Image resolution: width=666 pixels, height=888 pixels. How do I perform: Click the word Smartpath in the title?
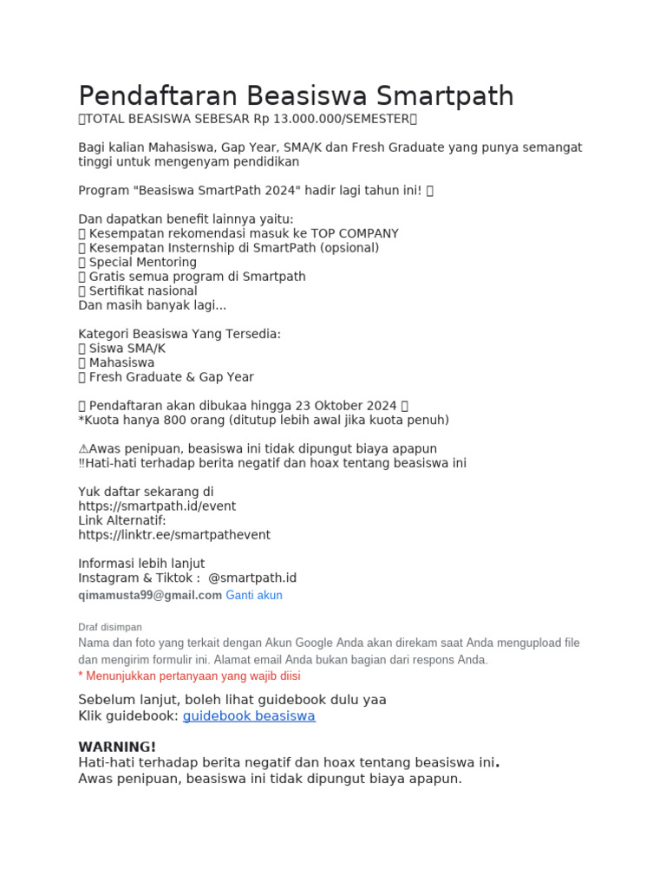[x=446, y=95]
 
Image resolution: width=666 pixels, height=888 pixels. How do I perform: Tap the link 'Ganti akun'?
[x=254, y=596]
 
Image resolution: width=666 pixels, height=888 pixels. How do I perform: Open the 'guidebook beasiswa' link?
[x=249, y=716]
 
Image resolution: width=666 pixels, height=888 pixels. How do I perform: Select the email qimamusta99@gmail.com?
[x=150, y=596]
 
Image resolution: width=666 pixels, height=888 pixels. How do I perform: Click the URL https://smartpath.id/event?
[x=157, y=506]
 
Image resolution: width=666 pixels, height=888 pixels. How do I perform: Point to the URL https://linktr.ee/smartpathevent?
[x=174, y=535]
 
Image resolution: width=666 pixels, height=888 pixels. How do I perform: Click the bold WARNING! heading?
[x=117, y=747]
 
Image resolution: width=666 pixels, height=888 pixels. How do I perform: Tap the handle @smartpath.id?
[x=252, y=578]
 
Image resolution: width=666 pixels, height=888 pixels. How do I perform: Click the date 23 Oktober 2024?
[x=345, y=406]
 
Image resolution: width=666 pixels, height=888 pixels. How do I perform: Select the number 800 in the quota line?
[x=167, y=421]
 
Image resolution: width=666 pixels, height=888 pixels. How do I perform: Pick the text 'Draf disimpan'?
[x=110, y=627]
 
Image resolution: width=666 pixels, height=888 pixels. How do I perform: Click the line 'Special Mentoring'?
[x=142, y=262]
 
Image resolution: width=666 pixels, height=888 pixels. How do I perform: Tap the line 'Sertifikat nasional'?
[x=142, y=291]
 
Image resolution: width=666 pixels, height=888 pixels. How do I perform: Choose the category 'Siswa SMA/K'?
[x=127, y=349]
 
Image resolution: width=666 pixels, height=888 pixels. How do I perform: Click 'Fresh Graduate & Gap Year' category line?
[x=171, y=377]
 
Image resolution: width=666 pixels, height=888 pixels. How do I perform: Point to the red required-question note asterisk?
[x=81, y=676]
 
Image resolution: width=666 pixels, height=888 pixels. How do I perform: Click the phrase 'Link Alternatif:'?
[x=122, y=520]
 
